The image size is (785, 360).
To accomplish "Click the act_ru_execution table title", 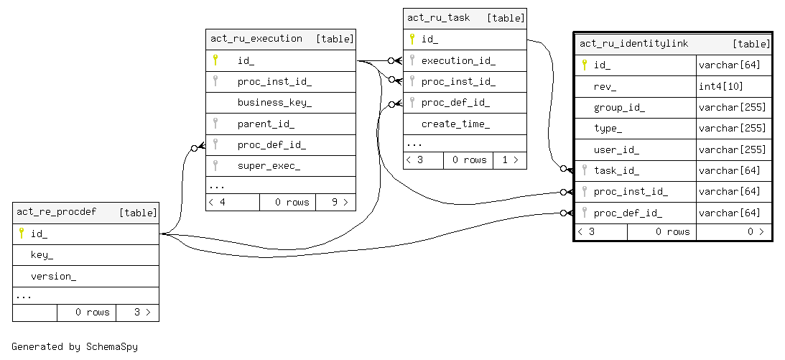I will click(x=256, y=39).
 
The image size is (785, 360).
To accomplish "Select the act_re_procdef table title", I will click(x=57, y=212).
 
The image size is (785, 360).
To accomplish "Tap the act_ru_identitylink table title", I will click(x=633, y=44).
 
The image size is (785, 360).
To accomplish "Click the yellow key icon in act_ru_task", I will click(x=412, y=39).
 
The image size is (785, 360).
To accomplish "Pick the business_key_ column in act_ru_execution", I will click(x=274, y=103).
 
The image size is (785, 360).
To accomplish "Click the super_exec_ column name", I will click(x=269, y=166).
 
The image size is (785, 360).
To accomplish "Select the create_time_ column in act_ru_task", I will click(x=455, y=124).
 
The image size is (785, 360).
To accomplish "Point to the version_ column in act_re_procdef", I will click(x=53, y=276).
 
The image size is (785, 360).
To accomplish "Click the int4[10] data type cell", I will click(x=721, y=86).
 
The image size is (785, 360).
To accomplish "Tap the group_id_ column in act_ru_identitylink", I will click(x=619, y=108).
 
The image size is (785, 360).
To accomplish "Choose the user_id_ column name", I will click(x=616, y=150).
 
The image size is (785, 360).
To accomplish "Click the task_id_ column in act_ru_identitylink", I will click(x=616, y=171).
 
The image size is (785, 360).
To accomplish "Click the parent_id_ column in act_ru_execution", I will click(x=266, y=124).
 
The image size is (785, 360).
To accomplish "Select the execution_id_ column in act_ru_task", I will click(x=458, y=60).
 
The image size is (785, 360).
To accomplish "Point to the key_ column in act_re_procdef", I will click(x=42, y=255).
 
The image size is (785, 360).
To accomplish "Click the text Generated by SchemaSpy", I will click(x=75, y=346).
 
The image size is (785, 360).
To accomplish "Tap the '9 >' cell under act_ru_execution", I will click(x=335, y=202).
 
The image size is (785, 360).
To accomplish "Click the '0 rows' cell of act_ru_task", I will click(x=468, y=160).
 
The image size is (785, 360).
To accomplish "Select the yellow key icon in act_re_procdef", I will click(x=22, y=234).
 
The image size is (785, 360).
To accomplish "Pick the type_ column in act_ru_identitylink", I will click(x=608, y=129).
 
